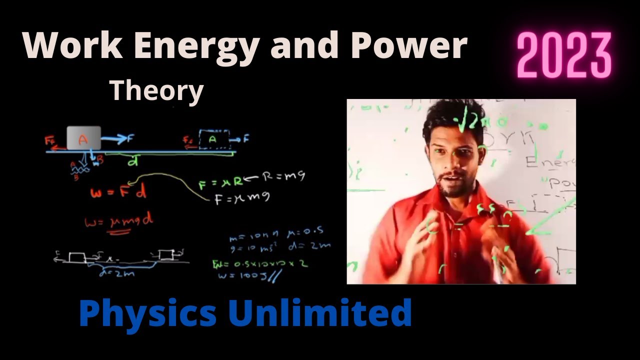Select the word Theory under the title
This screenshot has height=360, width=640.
point(156,91)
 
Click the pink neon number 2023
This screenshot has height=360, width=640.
point(564,55)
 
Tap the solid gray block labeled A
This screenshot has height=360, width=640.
point(83,138)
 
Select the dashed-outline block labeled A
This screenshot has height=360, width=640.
point(213,140)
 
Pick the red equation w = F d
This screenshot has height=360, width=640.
point(118,192)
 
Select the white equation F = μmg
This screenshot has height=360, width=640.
point(242,198)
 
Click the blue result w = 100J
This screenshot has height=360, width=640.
point(247,274)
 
